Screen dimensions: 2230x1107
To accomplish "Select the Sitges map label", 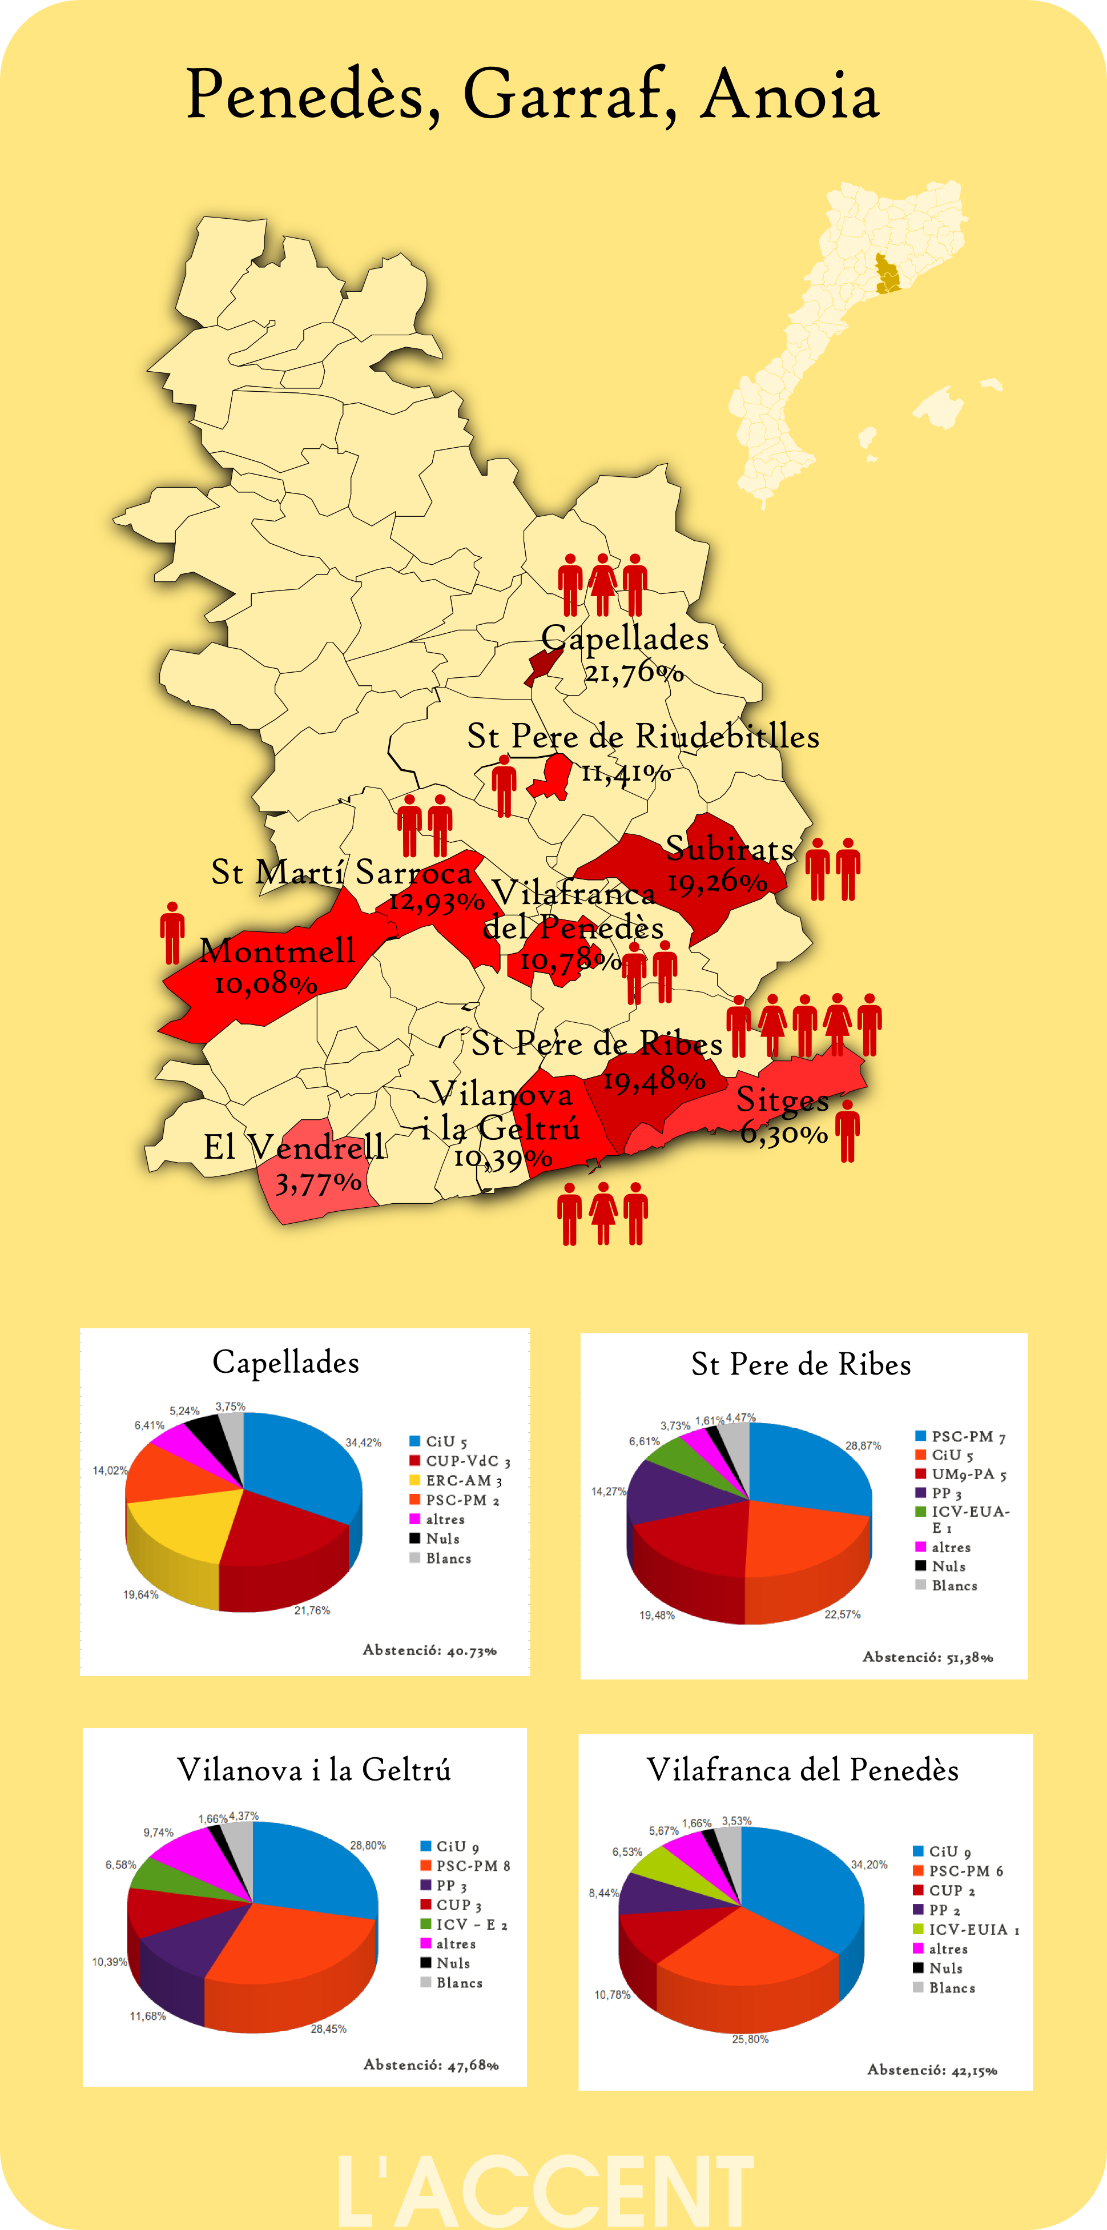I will [782, 1099].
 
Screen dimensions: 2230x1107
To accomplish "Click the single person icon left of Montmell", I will [172, 933].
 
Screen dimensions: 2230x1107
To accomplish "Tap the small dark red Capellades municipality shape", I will [543, 665].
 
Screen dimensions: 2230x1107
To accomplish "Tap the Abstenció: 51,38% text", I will [927, 1657].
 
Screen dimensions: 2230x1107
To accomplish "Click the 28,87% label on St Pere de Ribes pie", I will [863, 1446].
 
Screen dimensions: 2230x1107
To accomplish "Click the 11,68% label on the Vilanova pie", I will [148, 2016].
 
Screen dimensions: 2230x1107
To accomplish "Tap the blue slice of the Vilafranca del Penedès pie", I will [805, 1887].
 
